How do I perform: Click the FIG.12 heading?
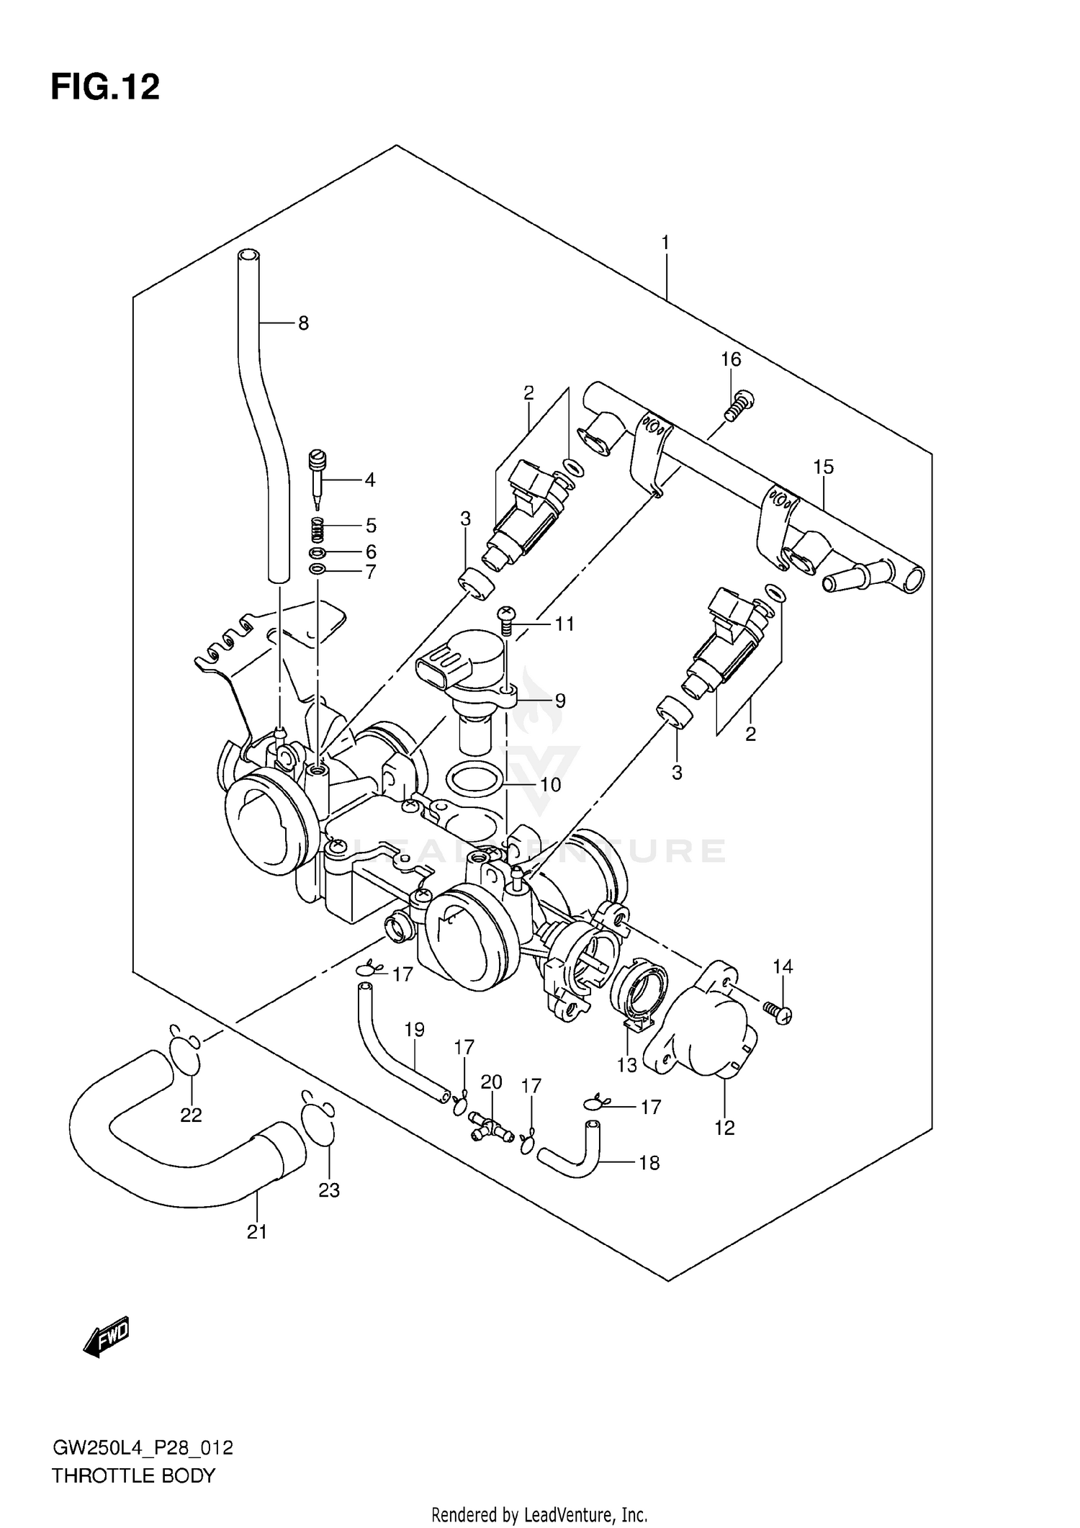[105, 87]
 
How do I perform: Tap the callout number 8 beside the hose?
[303, 324]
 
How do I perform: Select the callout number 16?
[731, 359]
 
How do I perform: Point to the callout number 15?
[824, 467]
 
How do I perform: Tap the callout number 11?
[564, 624]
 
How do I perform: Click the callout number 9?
[559, 701]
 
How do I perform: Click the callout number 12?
[724, 1128]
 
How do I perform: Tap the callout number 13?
[627, 1065]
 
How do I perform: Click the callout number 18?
[649, 1163]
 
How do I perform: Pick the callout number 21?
[257, 1232]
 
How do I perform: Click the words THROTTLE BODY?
[133, 1475]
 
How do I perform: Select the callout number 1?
[665, 243]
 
